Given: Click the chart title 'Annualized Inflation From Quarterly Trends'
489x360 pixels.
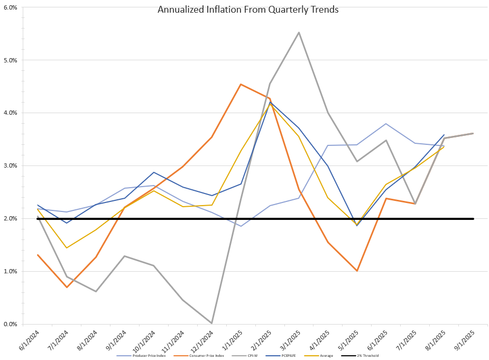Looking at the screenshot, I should point(248,9).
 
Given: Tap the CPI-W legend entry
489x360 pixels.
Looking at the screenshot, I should point(252,355).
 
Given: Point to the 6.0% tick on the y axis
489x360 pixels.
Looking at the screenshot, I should point(11,7).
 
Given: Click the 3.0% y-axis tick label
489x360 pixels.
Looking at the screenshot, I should point(11,165).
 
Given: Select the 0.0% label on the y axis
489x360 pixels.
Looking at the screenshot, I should point(11,324).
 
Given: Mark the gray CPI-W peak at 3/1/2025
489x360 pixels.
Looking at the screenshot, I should point(299,32).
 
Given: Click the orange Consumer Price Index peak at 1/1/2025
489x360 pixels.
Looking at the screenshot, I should point(241,84).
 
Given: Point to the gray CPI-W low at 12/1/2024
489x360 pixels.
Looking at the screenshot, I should point(212,323).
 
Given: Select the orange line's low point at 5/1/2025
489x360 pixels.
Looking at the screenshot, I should point(357,271).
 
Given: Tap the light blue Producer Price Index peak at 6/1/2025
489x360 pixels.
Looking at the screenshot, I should point(386,124).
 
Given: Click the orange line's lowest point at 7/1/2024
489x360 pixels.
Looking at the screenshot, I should point(67,287).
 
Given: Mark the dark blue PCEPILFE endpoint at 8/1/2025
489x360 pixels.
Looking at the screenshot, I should point(444,135).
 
